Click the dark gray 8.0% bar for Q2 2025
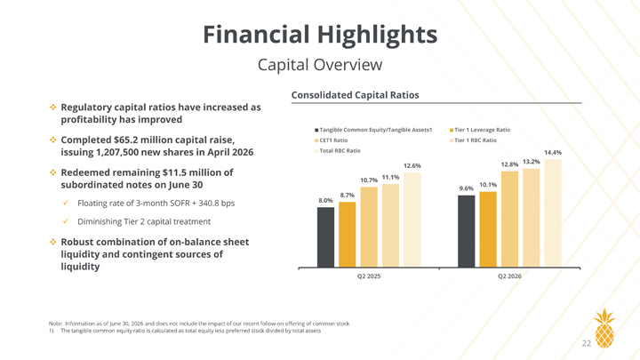pos(325,237)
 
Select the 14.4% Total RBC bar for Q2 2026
pos(553,213)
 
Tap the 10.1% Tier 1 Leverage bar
pos(488,229)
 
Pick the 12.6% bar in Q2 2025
pos(412,220)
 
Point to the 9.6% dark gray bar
pos(466,231)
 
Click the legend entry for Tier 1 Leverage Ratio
pos(480,130)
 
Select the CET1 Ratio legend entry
pos(331,140)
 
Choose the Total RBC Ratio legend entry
pos(338,151)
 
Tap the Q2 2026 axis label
pos(509,276)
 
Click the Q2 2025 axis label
pos(369,276)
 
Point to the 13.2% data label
pos(531,162)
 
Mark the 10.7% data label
pos(369,180)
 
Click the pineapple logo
pos(604,328)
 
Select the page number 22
pos(586,344)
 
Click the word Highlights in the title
pos(376,35)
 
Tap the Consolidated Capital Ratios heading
pos(355,95)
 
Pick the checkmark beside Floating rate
pos(66,203)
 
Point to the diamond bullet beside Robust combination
pos(53,242)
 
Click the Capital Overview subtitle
pos(320,65)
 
